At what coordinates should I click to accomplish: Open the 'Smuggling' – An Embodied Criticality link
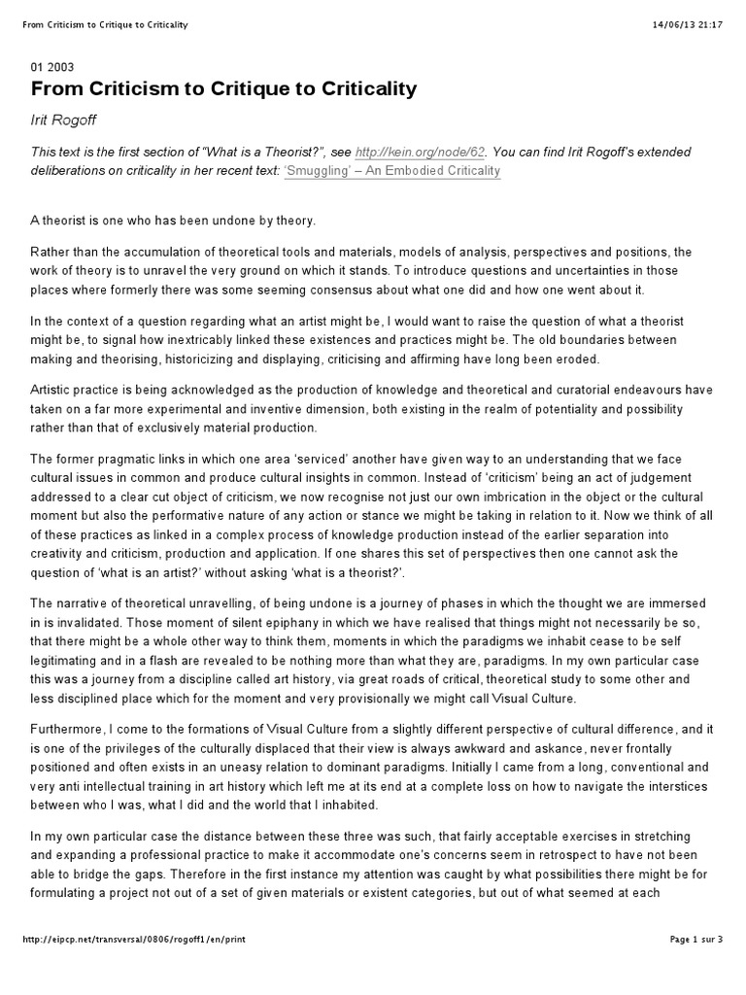point(391,171)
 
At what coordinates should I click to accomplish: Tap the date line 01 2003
point(52,67)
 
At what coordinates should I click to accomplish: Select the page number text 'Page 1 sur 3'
point(696,966)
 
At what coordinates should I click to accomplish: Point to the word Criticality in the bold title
point(360,90)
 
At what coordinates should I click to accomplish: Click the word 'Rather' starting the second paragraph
point(51,253)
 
